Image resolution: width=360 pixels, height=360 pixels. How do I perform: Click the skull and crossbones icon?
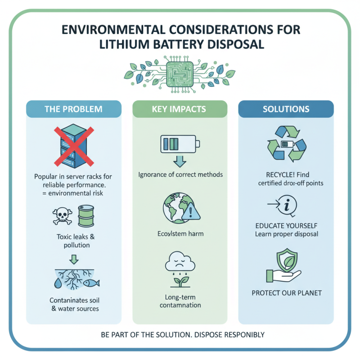pos(62,216)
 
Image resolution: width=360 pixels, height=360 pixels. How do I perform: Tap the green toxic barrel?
pos(86,216)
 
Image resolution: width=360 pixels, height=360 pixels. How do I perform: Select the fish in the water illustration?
pos(91,283)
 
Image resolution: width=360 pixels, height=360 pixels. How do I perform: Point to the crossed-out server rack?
pos(74,146)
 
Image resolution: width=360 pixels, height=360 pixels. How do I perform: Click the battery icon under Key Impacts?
pos(180,144)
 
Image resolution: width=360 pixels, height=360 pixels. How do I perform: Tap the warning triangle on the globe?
pos(191,211)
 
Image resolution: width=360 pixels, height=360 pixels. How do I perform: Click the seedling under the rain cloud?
pos(180,282)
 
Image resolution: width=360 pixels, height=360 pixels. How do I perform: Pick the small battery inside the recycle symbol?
pos(288,144)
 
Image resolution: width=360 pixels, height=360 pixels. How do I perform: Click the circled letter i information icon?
pos(287,205)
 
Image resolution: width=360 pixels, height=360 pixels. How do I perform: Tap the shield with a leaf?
pos(287,260)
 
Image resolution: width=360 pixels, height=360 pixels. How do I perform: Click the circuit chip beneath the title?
pos(180,74)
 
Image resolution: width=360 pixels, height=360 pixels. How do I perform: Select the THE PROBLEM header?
pos(73,109)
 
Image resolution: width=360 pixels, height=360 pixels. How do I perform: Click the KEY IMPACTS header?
pos(179,109)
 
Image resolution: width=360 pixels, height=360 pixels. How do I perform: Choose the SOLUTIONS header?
pos(286,109)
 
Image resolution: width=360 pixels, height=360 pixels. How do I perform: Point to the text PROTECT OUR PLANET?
pos(287,293)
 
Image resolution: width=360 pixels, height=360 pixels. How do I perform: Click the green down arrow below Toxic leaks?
pos(74,260)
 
